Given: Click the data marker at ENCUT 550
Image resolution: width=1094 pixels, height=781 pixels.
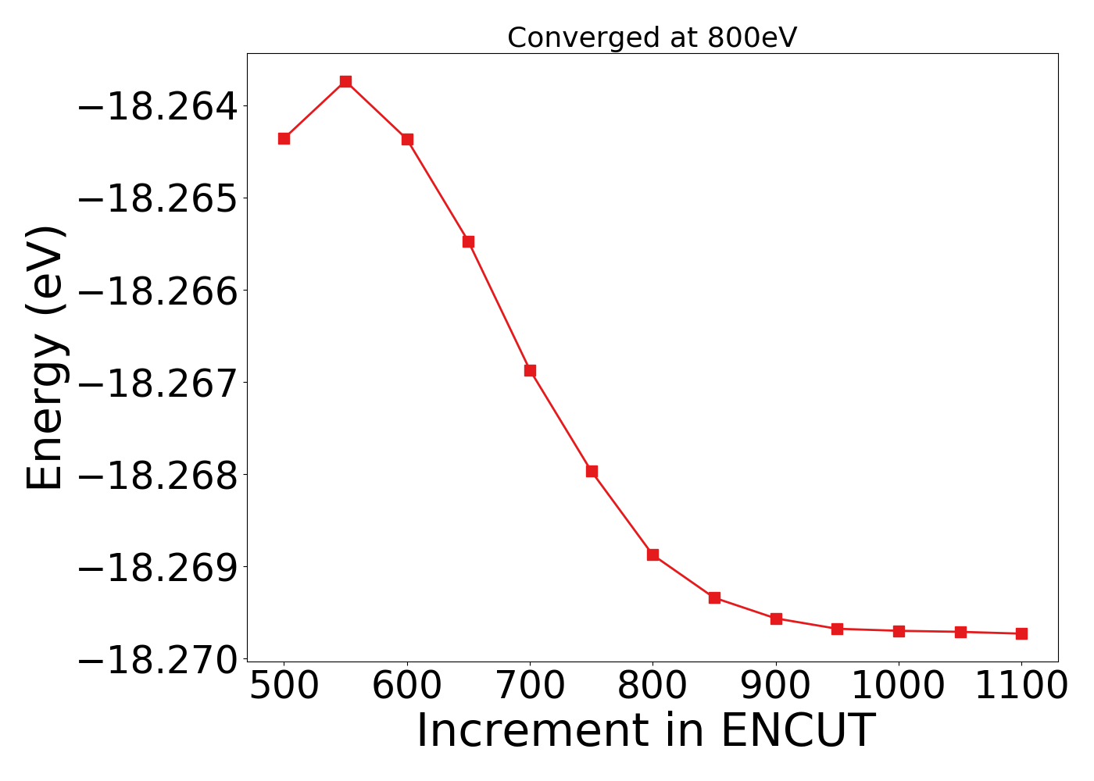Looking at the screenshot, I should (x=345, y=81).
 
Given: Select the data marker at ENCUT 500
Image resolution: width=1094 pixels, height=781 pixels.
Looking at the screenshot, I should (x=284, y=138).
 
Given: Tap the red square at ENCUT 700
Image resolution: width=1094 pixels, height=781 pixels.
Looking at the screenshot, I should (x=530, y=370).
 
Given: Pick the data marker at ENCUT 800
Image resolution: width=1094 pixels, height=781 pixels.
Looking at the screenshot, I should (x=652, y=555).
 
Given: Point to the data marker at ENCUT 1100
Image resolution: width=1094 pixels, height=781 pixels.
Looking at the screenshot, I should (x=1021, y=633).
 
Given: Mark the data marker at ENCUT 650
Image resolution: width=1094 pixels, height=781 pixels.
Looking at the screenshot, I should (x=468, y=241).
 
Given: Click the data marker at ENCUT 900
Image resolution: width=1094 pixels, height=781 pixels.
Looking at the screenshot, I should (x=776, y=619).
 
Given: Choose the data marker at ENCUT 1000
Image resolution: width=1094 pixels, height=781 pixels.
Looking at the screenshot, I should (x=899, y=631).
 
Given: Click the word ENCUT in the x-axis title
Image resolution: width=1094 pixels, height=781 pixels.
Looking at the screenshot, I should (x=797, y=732).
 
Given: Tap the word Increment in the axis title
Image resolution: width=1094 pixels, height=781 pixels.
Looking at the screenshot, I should (x=531, y=732).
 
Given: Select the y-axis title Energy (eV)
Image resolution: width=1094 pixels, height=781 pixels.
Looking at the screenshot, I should (x=45, y=358).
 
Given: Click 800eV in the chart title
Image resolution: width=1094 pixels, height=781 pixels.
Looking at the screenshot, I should (x=753, y=37).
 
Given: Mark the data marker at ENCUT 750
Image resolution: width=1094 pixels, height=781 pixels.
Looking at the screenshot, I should (x=592, y=471).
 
